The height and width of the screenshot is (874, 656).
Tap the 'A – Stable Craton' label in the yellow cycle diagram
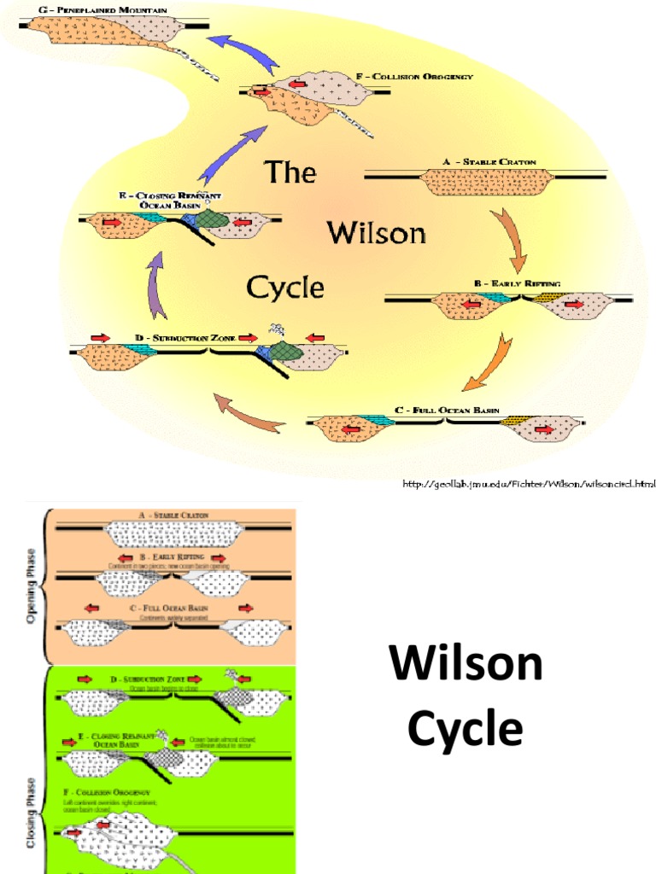point(489,161)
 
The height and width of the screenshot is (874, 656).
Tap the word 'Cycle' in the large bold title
point(466,731)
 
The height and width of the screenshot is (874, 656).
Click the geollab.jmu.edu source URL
point(529,484)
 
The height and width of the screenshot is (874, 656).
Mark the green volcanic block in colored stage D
point(284,353)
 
